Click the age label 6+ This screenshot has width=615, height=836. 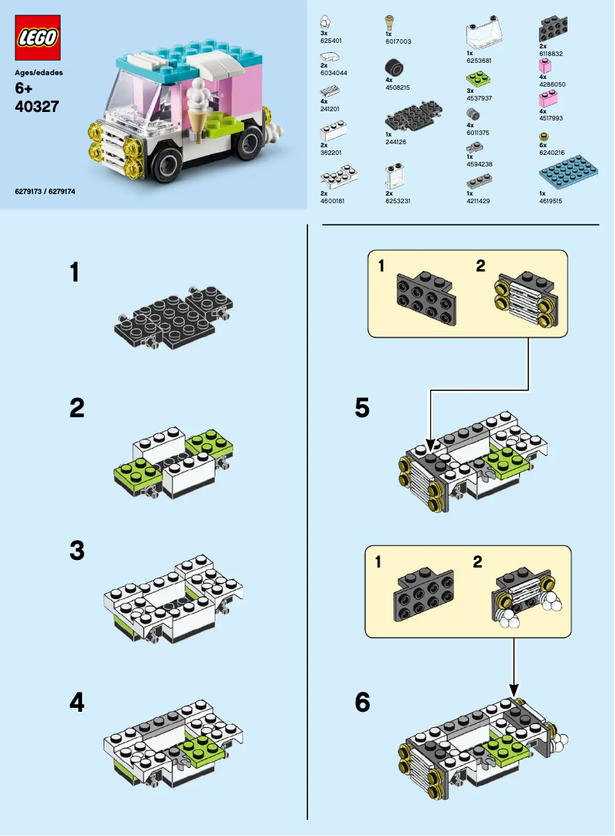tap(25, 89)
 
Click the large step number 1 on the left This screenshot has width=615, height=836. tap(74, 272)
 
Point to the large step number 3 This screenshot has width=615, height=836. tap(76, 551)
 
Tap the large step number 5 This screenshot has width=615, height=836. tap(362, 408)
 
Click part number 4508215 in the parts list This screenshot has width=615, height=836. tap(397, 87)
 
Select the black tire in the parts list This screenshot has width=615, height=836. tap(394, 68)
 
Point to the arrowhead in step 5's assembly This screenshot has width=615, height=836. tap(430, 444)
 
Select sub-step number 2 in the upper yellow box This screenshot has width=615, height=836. tap(480, 266)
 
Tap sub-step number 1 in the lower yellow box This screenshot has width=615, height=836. tap(379, 563)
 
